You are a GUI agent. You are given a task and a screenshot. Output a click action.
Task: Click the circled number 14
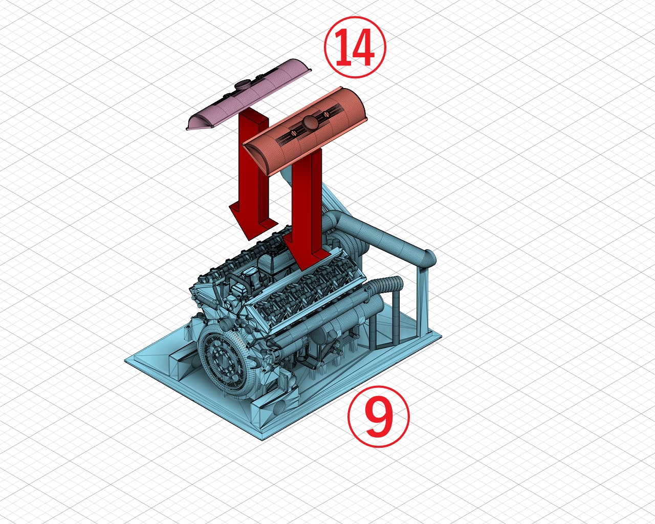pos(355,47)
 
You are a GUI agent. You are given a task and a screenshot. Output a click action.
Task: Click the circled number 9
pos(379,416)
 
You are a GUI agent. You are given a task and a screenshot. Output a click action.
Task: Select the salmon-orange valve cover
pos(305,131)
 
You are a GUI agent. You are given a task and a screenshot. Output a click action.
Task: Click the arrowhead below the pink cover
pos(253,224)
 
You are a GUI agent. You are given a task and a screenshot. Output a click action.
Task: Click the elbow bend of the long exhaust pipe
pos(428,259)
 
